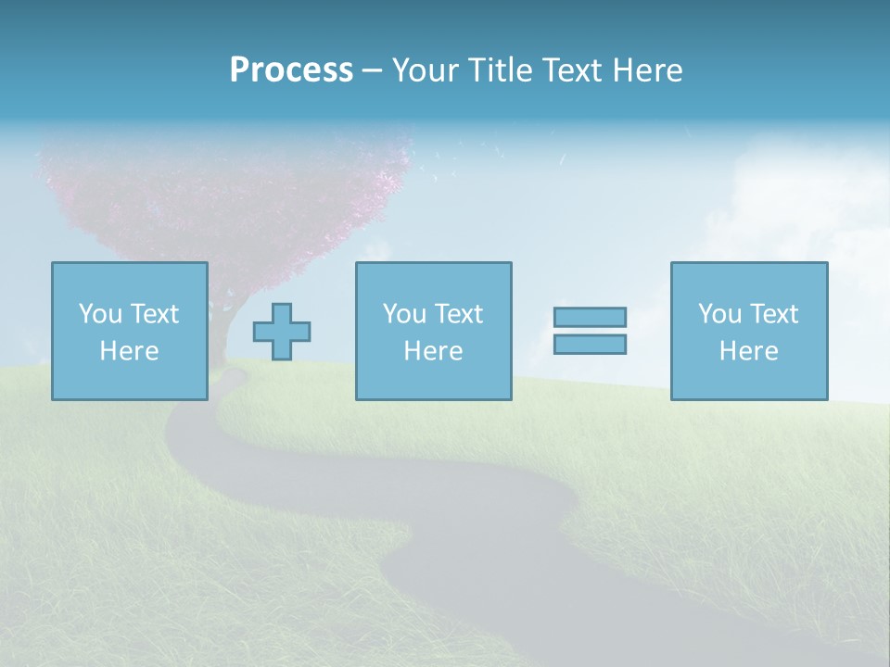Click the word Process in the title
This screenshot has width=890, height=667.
[291, 69]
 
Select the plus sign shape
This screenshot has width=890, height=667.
[282, 332]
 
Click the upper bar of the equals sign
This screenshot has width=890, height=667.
[590, 318]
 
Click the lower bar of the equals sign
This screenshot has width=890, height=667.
[590, 345]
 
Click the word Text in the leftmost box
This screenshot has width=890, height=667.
[154, 314]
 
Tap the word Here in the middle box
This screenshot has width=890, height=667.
[433, 351]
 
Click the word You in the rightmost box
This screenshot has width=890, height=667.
[719, 314]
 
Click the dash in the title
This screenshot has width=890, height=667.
[371, 70]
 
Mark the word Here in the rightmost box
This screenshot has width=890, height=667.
[749, 351]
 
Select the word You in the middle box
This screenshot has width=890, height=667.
[404, 314]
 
